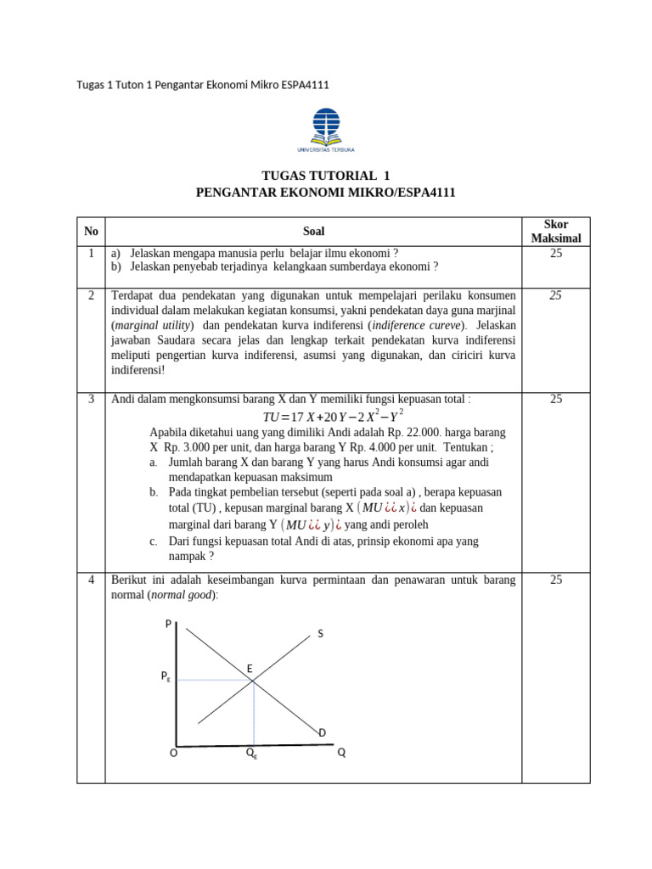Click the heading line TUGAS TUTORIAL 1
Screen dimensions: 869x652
[x=326, y=176]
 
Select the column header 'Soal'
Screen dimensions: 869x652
[x=313, y=231]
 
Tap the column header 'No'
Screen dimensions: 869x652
[x=91, y=231]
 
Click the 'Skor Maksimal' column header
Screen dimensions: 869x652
[x=556, y=231]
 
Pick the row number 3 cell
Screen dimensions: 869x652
[x=91, y=399]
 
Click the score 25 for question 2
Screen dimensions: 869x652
[x=556, y=295]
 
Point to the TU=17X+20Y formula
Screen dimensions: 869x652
[x=333, y=417]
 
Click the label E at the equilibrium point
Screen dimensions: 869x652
[x=250, y=670]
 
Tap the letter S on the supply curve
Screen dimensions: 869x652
[x=321, y=634]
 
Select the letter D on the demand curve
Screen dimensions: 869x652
[x=323, y=732]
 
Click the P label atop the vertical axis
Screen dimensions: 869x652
[x=168, y=624]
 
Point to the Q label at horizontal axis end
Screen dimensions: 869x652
[x=341, y=753]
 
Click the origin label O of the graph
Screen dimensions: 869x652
[x=173, y=753]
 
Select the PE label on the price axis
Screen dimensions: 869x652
[x=166, y=677]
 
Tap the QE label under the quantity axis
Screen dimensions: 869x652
[x=252, y=753]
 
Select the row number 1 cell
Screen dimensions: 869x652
[x=91, y=253]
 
